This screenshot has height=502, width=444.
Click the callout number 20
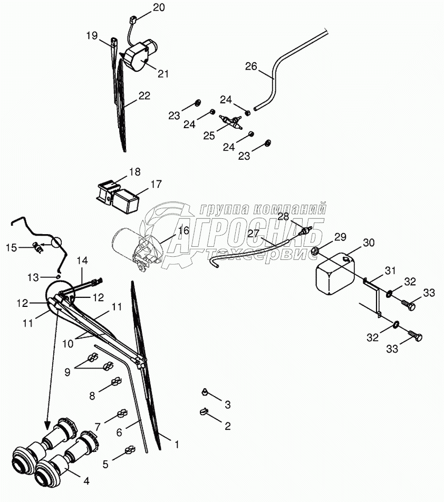[159, 7]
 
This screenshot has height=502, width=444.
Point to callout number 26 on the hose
[251, 66]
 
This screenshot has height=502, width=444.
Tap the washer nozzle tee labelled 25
[230, 124]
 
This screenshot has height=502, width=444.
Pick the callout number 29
[340, 236]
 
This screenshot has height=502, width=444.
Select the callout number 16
[183, 230]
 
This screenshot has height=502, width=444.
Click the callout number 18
[134, 172]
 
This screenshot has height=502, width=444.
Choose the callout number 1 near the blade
[177, 445]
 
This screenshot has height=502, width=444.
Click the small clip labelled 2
[202, 414]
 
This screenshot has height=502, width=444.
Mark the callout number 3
[227, 404]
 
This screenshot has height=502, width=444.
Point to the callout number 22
[144, 96]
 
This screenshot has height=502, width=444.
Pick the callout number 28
[283, 216]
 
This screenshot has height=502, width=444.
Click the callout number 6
[119, 432]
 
